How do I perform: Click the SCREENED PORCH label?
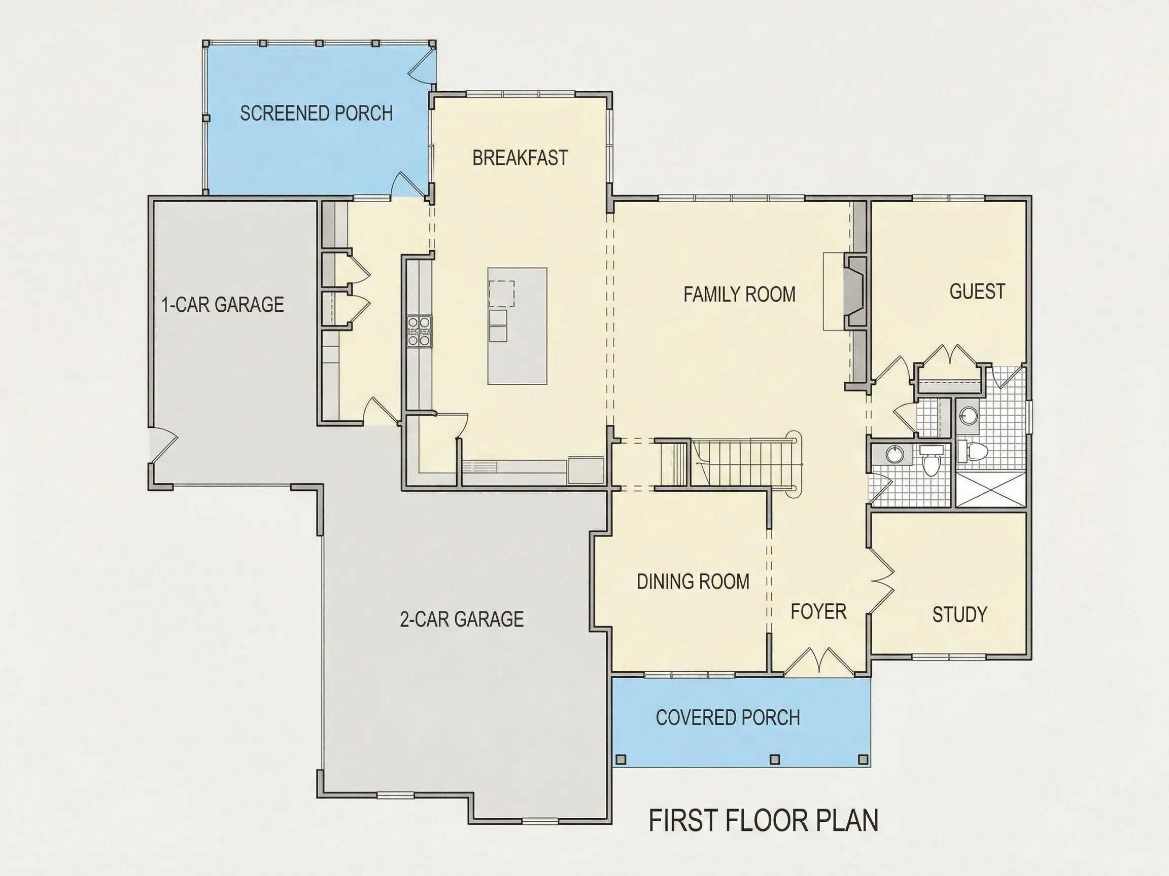coord(317,113)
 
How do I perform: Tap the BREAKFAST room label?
coord(520,158)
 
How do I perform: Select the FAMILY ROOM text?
coord(739,294)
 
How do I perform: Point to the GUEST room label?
coord(977,291)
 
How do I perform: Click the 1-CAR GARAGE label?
coord(223,304)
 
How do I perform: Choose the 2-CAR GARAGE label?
coord(461,619)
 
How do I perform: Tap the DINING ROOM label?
coord(693,581)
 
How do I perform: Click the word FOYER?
coord(818,611)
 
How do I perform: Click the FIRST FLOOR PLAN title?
coord(763,820)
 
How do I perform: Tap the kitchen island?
coord(518,326)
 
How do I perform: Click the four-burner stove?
coord(419,331)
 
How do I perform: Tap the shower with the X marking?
coord(990,490)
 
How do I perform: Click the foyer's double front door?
coord(818,662)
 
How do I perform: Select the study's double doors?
coord(881,581)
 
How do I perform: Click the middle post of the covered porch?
coord(775,759)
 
